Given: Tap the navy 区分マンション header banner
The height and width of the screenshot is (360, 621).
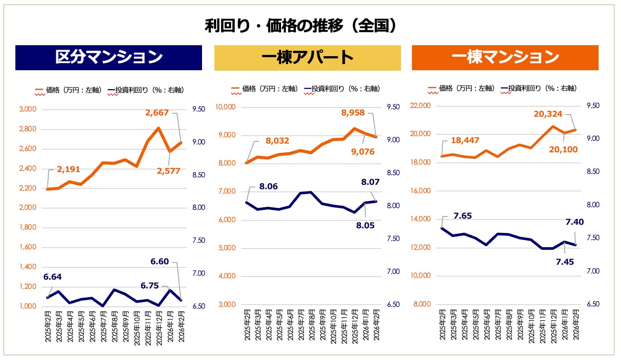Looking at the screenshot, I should (x=108, y=58).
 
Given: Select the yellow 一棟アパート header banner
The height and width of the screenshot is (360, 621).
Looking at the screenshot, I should (x=307, y=58).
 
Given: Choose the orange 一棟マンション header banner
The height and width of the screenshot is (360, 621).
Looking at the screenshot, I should (x=505, y=58).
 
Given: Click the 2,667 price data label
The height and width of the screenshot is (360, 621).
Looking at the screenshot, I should (x=157, y=113).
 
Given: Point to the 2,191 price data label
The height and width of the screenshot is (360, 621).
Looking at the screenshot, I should (x=69, y=169).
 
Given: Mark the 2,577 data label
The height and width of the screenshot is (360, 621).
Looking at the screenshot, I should (x=169, y=171).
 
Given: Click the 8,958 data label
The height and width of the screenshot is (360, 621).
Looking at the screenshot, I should (x=353, y=113).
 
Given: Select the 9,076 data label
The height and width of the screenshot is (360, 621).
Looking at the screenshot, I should (x=363, y=152).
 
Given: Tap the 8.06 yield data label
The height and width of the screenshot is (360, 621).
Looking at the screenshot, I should (x=268, y=187).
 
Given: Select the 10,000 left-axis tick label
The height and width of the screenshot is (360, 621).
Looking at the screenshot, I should (x=227, y=107).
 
